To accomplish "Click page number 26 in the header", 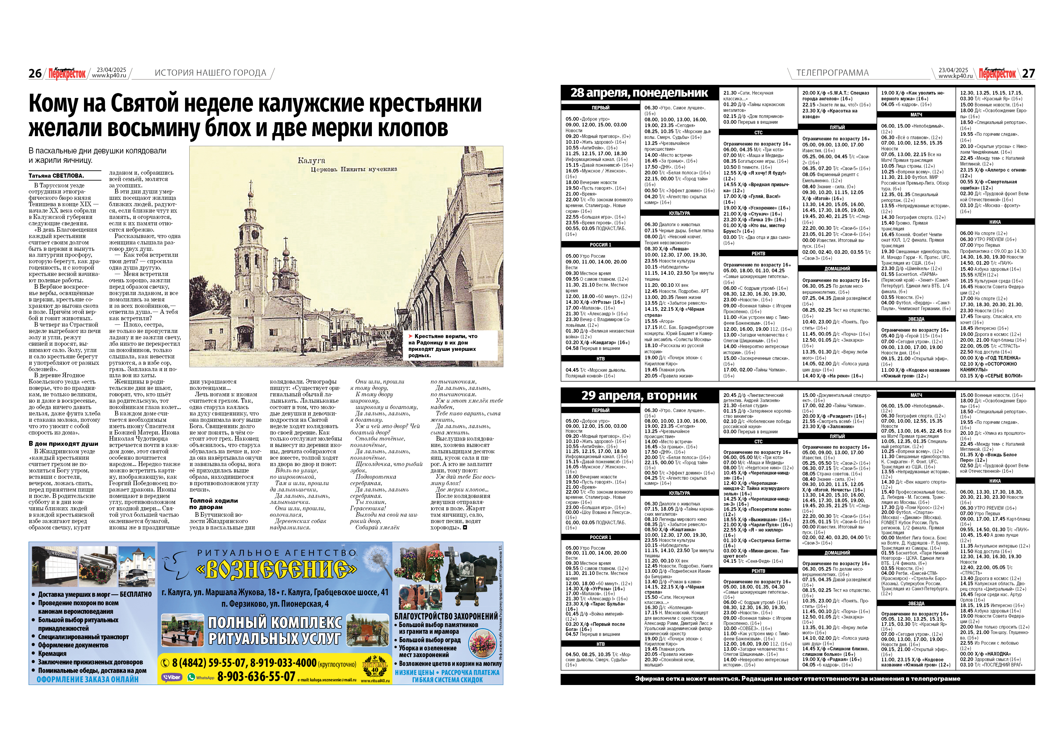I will tap(35, 73).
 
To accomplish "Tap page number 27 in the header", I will tap(1028, 73).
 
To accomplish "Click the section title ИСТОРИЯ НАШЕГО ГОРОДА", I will tap(210, 73).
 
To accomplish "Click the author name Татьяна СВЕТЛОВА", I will tap(56, 176).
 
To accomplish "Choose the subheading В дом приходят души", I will tap(63, 443).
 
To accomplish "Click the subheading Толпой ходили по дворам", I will tap(214, 504).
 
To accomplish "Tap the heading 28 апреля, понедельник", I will tap(639, 93).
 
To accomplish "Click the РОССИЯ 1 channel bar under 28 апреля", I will tap(601, 245).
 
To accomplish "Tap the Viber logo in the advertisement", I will tap(172, 677).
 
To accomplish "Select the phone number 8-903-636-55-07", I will tap(256, 676).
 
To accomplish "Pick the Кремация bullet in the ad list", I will tap(52, 653).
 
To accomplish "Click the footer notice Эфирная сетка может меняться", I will tap(797, 679).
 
